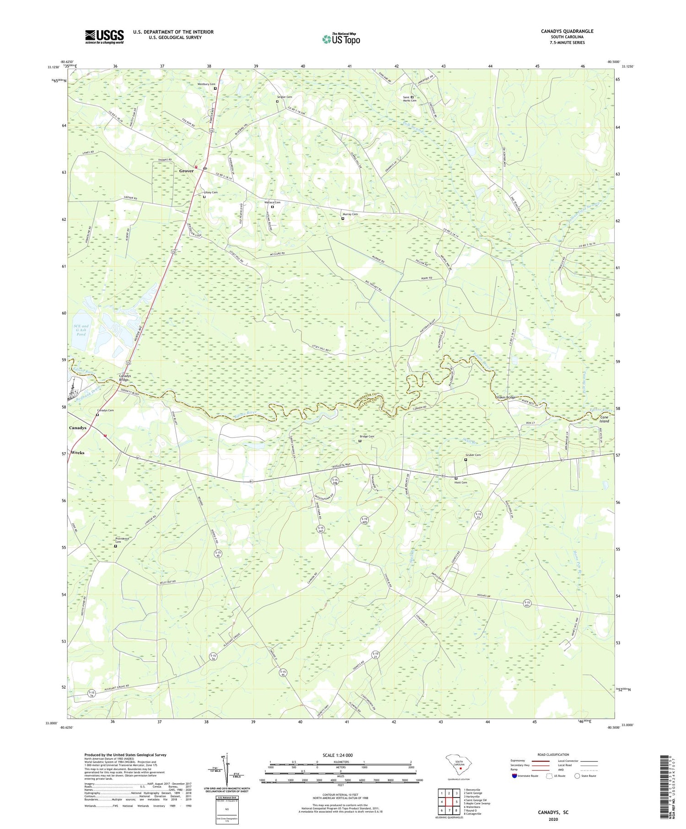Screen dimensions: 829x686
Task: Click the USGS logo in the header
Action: click(x=104, y=37)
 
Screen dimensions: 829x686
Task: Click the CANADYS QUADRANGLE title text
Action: click(x=567, y=31)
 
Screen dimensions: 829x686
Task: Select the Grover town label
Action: click(x=186, y=171)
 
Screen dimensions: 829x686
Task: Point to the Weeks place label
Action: click(x=78, y=453)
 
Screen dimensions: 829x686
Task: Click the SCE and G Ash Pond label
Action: click(x=81, y=330)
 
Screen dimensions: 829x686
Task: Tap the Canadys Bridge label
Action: click(x=125, y=378)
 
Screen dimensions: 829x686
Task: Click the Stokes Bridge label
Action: click(x=506, y=397)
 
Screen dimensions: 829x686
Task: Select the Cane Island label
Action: click(x=604, y=419)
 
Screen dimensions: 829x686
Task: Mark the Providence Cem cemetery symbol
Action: click(x=115, y=546)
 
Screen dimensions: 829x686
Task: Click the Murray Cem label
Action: click(x=350, y=214)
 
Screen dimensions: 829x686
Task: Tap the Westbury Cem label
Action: click(x=206, y=84)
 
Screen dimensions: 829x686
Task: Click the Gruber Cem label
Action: click(x=473, y=455)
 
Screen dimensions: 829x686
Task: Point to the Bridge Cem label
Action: click(x=366, y=436)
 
